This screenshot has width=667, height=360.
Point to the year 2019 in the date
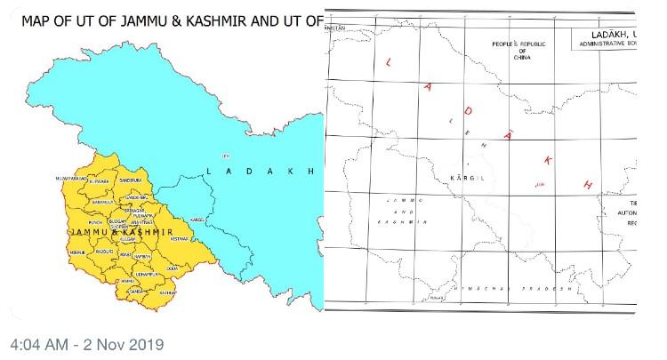(145, 343)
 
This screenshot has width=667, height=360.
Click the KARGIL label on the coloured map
(198, 218)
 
